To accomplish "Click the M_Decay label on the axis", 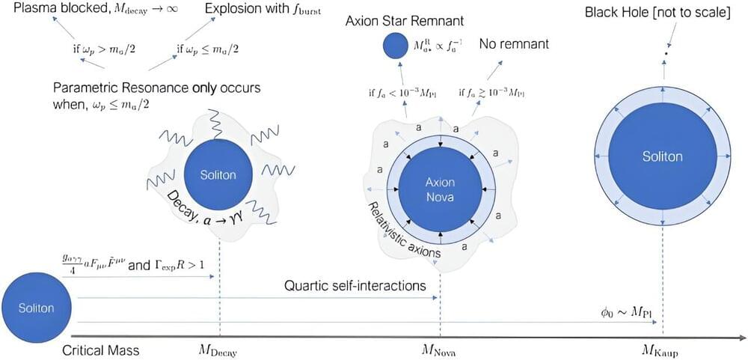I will [x=218, y=350].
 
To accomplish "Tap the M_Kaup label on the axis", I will [x=663, y=350].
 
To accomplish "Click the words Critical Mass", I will [x=100, y=350].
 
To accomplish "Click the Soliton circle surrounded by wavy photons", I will [x=218, y=175].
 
